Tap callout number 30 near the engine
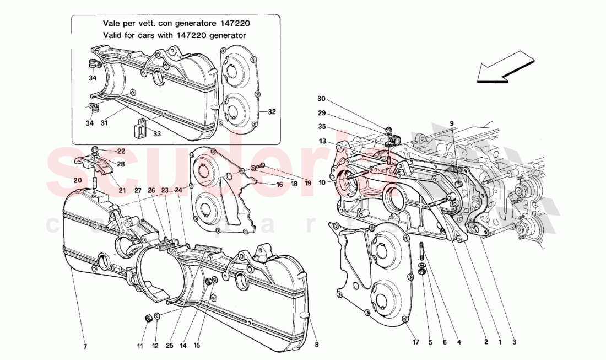tap(322, 99)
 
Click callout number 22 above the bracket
tap(121, 151)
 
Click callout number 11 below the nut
tap(139, 347)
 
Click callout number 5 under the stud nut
tap(430, 341)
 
